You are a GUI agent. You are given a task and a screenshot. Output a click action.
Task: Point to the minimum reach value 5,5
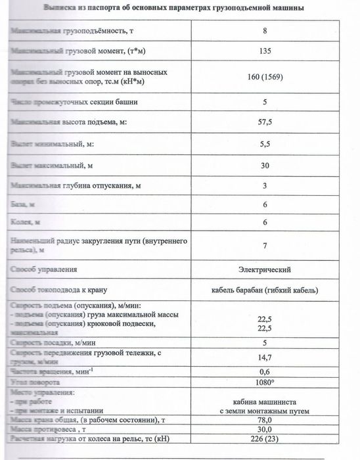pyautogui.click(x=265, y=144)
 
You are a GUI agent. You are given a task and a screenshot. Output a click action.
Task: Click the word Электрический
pyautogui.click(x=265, y=269)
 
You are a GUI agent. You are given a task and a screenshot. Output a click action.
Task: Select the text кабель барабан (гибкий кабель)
pyautogui.click(x=265, y=290)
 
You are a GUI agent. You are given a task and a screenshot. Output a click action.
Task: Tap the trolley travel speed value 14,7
pyautogui.click(x=265, y=357)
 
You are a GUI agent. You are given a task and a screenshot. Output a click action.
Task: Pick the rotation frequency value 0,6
pyautogui.click(x=265, y=372)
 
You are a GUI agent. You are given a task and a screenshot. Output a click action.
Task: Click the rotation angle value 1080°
pyautogui.click(x=265, y=382)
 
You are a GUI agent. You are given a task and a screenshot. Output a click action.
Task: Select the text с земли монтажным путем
pyautogui.click(x=265, y=412)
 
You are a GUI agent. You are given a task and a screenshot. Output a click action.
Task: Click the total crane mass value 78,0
pyautogui.click(x=265, y=421)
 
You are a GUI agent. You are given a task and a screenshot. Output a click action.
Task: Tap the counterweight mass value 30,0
pyautogui.click(x=265, y=430)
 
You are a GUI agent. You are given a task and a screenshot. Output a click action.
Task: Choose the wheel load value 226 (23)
pyautogui.click(x=265, y=440)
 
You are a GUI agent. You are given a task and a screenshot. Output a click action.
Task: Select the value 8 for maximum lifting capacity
pyautogui.click(x=265, y=30)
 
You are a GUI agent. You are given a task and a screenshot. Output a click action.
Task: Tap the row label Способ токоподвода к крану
pyautogui.click(x=64, y=290)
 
